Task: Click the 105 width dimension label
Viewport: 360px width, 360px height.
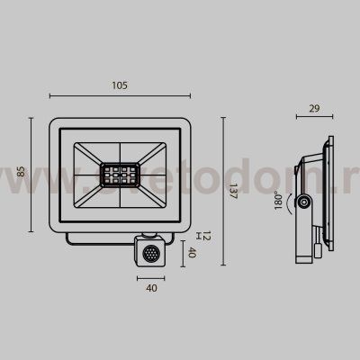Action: coord(121,85)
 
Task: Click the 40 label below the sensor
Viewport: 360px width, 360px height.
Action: coord(150,288)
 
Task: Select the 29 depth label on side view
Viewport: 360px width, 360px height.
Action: coord(314,108)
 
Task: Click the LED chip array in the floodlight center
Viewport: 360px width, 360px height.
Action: coord(120,173)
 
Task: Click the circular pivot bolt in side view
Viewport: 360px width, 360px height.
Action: coord(305,204)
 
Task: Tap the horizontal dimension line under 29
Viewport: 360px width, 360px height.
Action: coord(315,119)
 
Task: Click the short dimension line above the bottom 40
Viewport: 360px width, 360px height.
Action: coord(150,278)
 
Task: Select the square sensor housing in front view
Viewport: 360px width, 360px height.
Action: coord(149,251)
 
